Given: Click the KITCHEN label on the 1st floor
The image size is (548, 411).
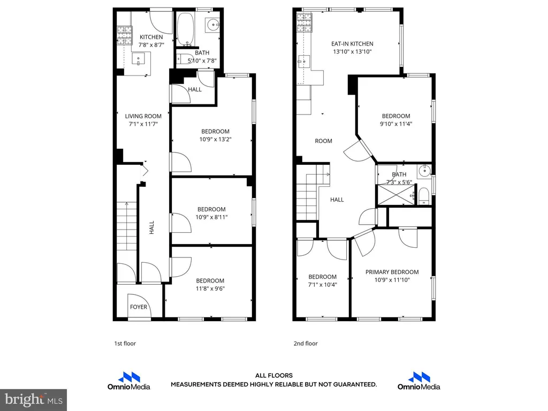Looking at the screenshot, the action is (151, 37).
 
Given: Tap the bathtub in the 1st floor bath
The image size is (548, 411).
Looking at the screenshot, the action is (185, 29).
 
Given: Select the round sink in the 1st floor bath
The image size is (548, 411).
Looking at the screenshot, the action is (213, 25).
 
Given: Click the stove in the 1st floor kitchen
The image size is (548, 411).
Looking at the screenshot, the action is (125, 36).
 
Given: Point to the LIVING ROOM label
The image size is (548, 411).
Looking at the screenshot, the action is (143, 116).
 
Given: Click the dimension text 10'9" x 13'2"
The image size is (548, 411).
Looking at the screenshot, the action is (215, 139).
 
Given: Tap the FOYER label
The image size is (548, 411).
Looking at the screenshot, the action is (139, 307).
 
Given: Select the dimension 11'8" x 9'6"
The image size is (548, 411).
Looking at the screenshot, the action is (210, 288).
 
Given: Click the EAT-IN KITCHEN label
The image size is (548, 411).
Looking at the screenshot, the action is (352, 44).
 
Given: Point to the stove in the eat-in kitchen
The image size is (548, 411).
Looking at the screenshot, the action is (304, 22).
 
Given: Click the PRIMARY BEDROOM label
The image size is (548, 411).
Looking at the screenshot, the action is (392, 272).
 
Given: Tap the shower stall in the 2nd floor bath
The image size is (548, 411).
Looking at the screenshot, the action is (396, 195).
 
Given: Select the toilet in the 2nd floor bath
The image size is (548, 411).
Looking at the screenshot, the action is (424, 196).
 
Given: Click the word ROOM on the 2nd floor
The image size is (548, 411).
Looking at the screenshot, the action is (324, 141).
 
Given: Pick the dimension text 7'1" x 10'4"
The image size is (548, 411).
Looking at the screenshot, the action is (322, 285).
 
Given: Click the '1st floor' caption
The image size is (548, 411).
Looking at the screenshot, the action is (125, 344).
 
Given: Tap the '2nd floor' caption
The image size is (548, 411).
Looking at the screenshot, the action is (306, 344).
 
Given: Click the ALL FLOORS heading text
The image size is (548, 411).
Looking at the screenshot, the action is (274, 376).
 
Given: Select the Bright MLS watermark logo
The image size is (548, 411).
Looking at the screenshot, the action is (34, 400).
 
